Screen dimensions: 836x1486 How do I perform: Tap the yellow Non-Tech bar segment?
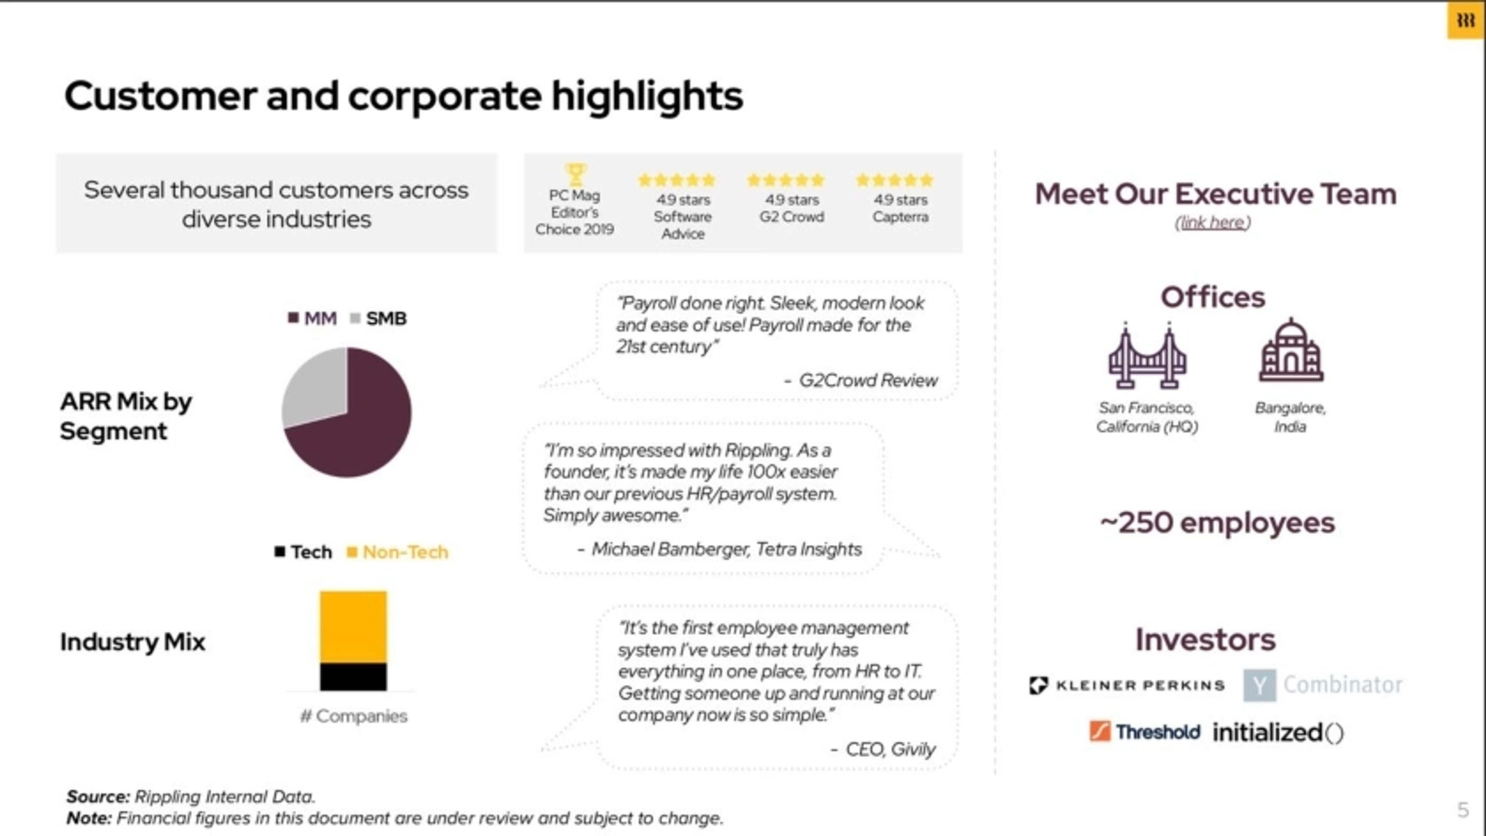(x=353, y=626)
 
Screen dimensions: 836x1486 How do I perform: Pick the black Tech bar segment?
(x=353, y=677)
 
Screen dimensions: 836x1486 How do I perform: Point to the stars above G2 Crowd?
(x=785, y=180)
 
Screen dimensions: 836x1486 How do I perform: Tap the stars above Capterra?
(x=894, y=180)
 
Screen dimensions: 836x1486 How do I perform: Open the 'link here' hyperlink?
(x=1212, y=222)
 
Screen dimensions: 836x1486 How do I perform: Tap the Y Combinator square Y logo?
(x=1259, y=685)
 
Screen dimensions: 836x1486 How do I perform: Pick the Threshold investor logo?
(x=1145, y=731)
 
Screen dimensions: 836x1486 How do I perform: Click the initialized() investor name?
(x=1278, y=733)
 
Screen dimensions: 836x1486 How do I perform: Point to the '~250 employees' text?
(x=1217, y=523)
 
